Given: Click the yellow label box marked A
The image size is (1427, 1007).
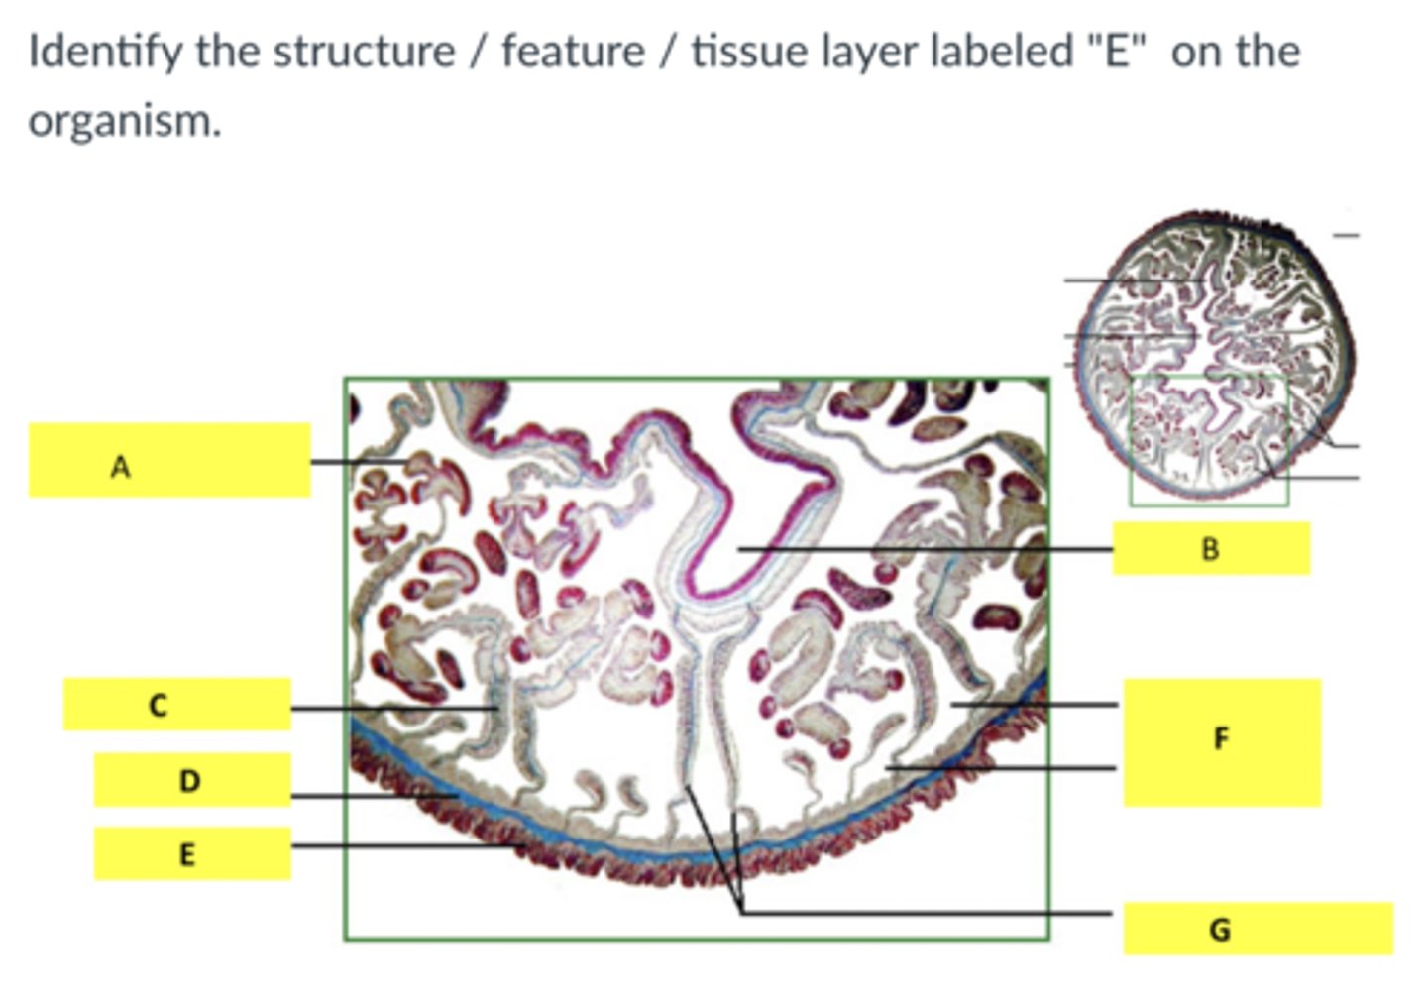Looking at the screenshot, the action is tap(168, 460).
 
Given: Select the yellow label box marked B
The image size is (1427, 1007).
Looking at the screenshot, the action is tap(1210, 548).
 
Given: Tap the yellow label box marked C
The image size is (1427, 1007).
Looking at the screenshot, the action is tap(176, 705).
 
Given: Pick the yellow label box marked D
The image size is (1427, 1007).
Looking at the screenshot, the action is tap(191, 780).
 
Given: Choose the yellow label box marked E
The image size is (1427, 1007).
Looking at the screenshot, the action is tap(191, 853).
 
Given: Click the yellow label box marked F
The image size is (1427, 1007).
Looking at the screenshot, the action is tap(1221, 741).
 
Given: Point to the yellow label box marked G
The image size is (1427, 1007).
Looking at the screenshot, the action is tap(1257, 929).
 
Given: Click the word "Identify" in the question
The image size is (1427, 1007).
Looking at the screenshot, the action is tap(104, 52).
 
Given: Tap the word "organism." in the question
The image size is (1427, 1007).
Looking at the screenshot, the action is tap(124, 121).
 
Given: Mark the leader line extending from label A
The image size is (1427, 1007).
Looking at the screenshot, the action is tap(357, 462).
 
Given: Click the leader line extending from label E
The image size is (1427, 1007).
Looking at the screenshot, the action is tap(396, 845).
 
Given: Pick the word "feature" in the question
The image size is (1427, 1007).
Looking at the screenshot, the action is tap(572, 52).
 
